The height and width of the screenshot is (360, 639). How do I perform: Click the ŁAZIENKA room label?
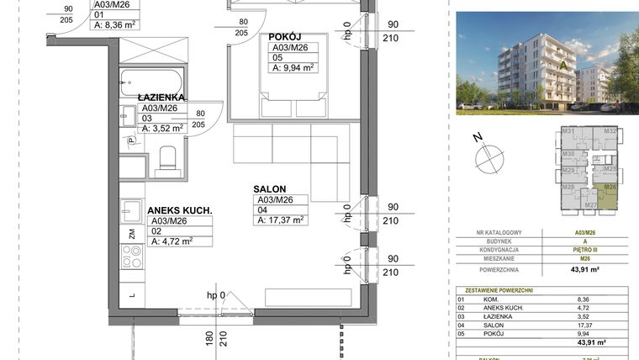coord(161,98)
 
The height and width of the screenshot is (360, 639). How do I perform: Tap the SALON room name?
coord(270,189)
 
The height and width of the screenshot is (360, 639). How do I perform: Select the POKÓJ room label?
coord(285,37)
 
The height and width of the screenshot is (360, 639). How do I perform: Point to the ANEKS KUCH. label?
coord(179,210)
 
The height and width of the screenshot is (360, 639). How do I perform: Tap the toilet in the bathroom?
coord(167,158)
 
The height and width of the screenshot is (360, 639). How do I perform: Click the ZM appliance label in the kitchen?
coord(131,234)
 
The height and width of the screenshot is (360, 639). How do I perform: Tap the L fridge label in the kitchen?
coord(131,294)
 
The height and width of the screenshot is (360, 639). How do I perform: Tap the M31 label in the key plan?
coord(568,132)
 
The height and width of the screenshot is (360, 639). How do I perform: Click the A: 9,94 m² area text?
coord(292,67)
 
